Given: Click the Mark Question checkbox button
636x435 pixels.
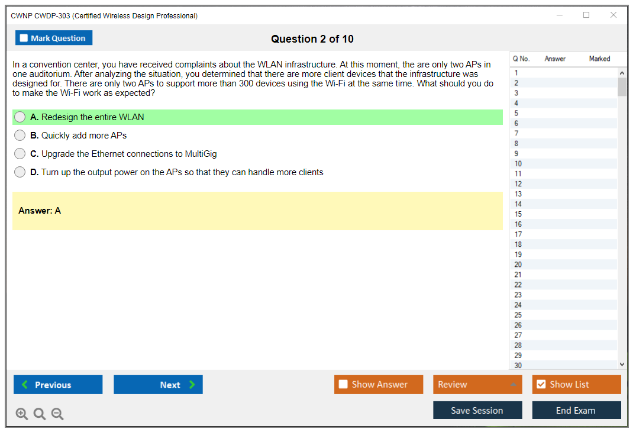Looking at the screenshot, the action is [x=53, y=38].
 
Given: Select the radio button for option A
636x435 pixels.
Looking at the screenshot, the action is [x=20, y=117].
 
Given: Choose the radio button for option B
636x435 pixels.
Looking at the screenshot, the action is [x=20, y=135].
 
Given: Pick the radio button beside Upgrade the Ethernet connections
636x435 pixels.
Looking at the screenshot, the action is [x=20, y=154].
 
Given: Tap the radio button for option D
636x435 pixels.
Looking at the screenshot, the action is [x=20, y=172].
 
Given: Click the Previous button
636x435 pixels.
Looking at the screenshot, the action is [x=58, y=385].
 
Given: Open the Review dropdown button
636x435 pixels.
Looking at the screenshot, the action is [x=477, y=385].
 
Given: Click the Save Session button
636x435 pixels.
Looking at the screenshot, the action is [x=477, y=410].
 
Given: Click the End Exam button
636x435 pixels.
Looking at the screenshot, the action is [x=576, y=410].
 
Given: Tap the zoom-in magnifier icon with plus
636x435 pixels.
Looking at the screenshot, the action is [x=22, y=414].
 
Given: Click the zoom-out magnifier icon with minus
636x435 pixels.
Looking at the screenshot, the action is [x=57, y=414].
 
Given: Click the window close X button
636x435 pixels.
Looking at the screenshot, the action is [x=614, y=15].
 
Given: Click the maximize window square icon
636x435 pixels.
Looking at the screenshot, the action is [x=586, y=15].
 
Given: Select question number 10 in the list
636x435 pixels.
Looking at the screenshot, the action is [x=518, y=163].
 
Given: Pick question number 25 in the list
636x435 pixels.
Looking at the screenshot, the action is [x=518, y=315].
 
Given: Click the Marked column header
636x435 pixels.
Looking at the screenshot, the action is [x=599, y=59].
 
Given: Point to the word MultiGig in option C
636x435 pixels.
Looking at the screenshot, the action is [x=201, y=154].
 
